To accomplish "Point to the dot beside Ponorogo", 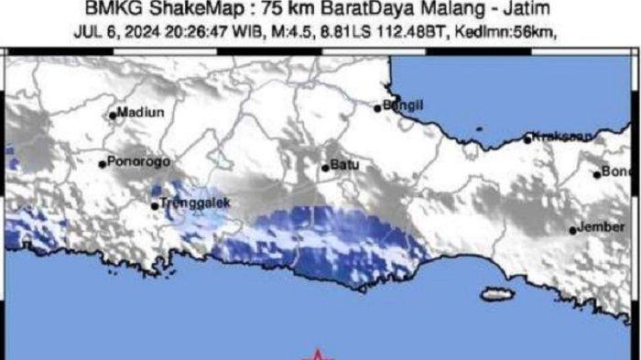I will pos(103,165).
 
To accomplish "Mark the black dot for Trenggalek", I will pos(155,205).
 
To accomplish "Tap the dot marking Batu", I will pos(325,168).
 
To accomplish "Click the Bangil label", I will pos(404,105).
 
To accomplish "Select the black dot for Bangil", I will pos(377,108).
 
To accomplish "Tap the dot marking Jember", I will pos(573,230).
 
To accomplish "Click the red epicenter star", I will pos(317,355).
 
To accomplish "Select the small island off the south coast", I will pos(495,294).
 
